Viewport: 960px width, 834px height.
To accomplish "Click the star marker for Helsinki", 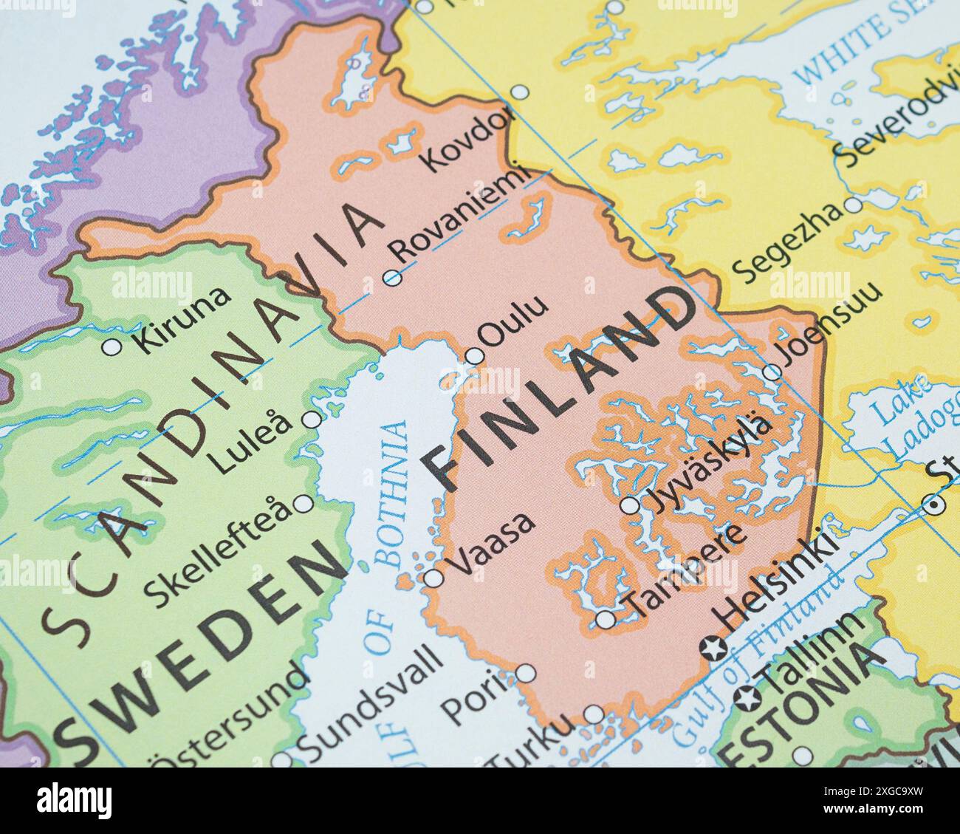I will click(713, 649).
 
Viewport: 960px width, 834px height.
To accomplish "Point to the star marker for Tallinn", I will click(745, 696).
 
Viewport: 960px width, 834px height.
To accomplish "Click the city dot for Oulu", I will click(475, 356).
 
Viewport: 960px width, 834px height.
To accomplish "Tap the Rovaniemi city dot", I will click(392, 278).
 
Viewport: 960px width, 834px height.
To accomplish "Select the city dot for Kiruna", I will click(112, 346).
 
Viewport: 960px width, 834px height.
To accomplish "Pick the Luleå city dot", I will click(312, 420).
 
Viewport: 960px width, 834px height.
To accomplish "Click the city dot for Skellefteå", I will click(303, 505).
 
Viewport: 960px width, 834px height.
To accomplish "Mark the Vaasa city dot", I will click(433, 578).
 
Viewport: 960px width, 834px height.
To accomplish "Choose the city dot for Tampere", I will click(605, 620).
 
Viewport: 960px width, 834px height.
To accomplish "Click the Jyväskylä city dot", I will click(630, 505).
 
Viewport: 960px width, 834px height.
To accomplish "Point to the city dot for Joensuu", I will click(772, 372).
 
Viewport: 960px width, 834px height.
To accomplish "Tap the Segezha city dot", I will click(853, 205).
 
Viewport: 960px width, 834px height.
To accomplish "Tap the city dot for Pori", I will click(525, 673).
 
